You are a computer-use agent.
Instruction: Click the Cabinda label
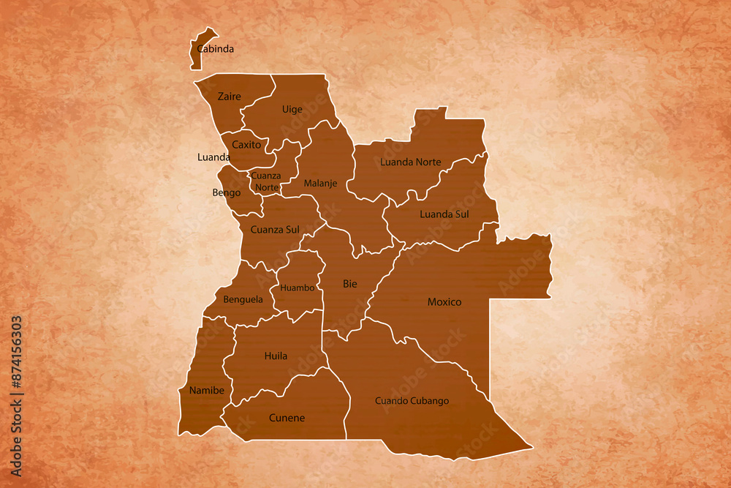[216, 50]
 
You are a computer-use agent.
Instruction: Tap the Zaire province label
[229, 97]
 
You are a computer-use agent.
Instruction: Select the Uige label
[292, 110]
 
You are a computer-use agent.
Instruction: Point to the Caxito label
[246, 145]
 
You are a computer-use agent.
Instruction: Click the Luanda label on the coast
[214, 157]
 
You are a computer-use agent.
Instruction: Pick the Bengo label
[226, 193]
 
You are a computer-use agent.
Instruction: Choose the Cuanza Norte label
[265, 181]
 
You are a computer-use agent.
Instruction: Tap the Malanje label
[320, 184]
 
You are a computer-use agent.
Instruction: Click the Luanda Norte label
[411, 162]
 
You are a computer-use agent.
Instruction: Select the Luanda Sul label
[444, 214]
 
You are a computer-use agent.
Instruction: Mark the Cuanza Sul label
[275, 230]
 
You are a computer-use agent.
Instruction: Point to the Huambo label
[297, 288]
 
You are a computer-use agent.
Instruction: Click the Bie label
[350, 284]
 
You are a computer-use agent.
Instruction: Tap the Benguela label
[243, 299]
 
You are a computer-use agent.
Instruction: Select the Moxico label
[444, 301]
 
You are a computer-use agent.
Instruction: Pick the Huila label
[276, 356]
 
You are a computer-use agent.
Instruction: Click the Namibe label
[207, 391]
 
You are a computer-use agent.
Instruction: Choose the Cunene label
[287, 418]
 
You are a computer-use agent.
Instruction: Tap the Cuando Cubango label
[412, 401]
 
